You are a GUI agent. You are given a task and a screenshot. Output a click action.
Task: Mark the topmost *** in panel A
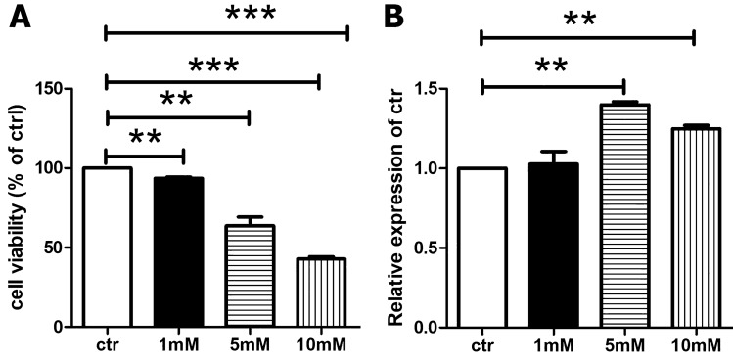click(250, 14)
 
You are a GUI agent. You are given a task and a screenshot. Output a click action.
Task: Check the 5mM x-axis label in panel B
click(623, 344)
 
